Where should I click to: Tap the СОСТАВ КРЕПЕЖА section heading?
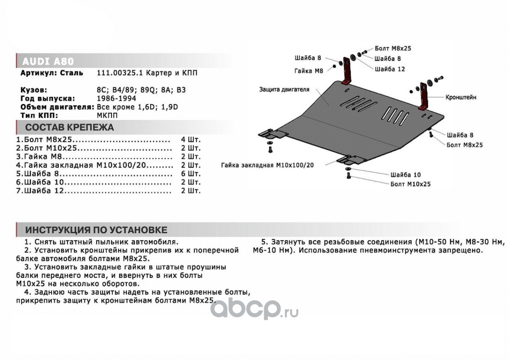(x=69, y=127)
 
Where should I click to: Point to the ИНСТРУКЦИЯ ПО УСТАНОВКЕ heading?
(x=96, y=230)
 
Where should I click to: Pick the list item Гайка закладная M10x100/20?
(x=94, y=165)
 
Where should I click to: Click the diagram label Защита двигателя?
(x=284, y=90)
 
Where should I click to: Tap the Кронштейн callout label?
(x=460, y=97)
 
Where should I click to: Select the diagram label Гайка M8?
(x=309, y=71)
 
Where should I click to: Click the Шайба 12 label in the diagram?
(x=389, y=69)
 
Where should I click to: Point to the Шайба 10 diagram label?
(x=406, y=175)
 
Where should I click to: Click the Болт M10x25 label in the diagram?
(x=410, y=184)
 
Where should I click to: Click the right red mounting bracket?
(x=423, y=95)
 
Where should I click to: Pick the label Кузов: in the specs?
(x=34, y=90)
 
